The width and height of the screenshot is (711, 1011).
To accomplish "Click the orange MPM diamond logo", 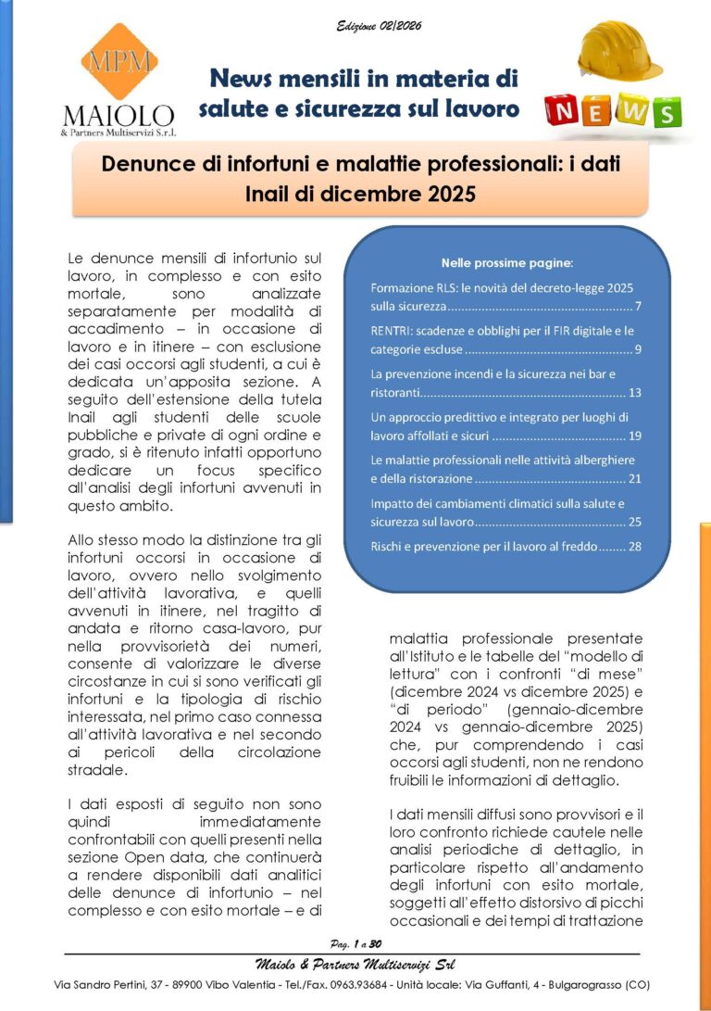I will (118, 62).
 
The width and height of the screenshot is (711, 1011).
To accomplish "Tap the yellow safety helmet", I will (619, 52).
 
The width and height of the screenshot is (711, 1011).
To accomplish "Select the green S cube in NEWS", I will (664, 114).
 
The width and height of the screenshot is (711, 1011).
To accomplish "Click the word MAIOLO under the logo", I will (118, 116).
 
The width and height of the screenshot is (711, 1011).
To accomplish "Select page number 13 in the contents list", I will (634, 392).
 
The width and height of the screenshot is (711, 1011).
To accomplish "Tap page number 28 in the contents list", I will (634, 546).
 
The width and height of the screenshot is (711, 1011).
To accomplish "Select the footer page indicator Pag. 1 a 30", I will (355, 941).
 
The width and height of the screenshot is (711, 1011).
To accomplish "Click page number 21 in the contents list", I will (634, 479).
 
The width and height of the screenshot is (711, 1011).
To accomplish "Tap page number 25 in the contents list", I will (634, 523).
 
